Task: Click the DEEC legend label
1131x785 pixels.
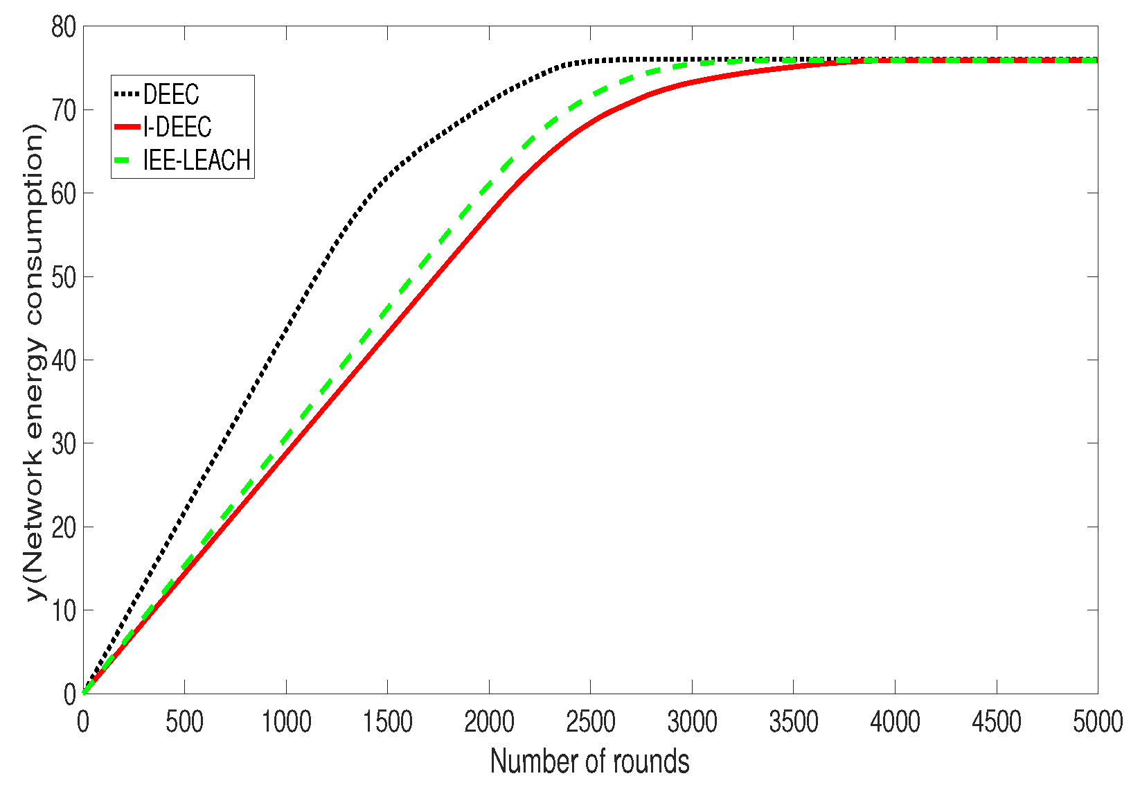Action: tap(171, 94)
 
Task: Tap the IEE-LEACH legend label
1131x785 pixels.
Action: tap(197, 160)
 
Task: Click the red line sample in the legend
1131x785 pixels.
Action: tap(127, 127)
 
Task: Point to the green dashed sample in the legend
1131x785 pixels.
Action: tap(127, 160)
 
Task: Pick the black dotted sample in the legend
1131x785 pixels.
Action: tap(127, 94)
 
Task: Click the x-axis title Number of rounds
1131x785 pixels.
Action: tap(590, 761)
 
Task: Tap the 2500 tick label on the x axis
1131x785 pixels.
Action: tap(590, 723)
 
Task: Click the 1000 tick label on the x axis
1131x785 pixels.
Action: tap(286, 723)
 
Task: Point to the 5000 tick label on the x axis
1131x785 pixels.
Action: tap(1097, 723)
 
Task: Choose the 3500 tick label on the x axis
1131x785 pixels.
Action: tap(793, 723)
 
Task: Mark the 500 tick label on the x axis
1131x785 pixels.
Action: tap(184, 723)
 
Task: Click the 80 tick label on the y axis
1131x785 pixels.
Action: tap(63, 28)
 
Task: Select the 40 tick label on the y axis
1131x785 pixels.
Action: tap(63, 360)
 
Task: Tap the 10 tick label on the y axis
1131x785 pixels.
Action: tap(63, 610)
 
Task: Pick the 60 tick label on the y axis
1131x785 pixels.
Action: tap(63, 193)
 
